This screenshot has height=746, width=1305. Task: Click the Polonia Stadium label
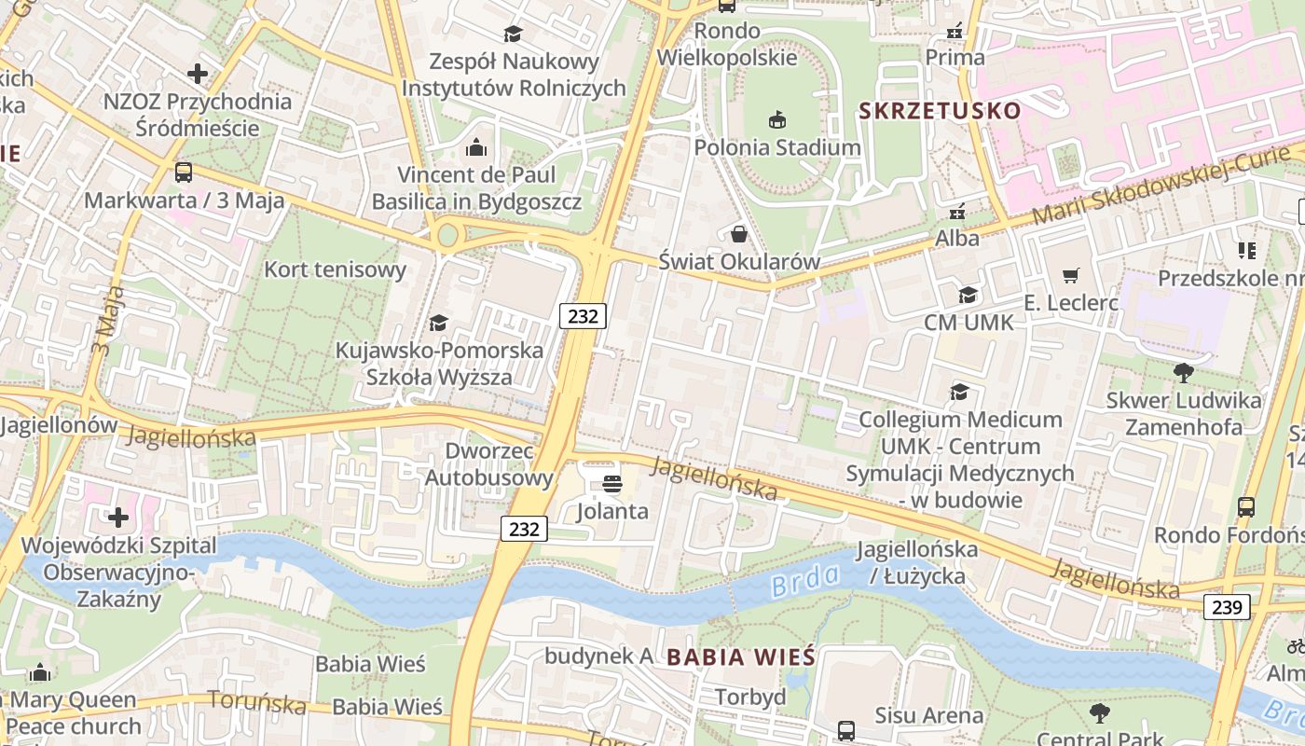tap(777, 147)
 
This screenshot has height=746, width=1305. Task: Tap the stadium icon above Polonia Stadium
tap(777, 119)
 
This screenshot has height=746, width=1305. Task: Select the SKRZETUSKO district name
tap(940, 111)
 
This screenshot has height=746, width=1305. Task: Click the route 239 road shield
tap(1227, 607)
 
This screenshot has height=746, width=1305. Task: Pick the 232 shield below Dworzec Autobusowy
tap(524, 529)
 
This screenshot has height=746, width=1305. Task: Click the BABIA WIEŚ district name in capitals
tap(741, 656)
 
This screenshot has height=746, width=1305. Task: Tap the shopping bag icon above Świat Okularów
tap(739, 233)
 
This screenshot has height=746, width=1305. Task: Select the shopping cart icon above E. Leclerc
tap(1071, 275)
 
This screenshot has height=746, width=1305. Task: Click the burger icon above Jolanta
tap(612, 483)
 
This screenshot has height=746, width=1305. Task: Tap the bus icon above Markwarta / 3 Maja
tap(184, 173)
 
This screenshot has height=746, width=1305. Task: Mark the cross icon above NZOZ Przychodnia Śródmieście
tap(198, 73)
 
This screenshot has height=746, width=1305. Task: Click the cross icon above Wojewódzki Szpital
tap(118, 517)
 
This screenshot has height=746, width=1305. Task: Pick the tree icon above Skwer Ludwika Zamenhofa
tap(1184, 373)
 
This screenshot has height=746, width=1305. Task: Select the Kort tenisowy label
tap(336, 270)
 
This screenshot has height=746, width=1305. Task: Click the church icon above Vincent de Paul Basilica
tap(476, 147)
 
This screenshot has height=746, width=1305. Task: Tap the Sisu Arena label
tap(928, 715)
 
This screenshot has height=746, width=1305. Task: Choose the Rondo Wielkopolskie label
tap(727, 44)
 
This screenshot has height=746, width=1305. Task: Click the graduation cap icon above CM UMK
tap(968, 296)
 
